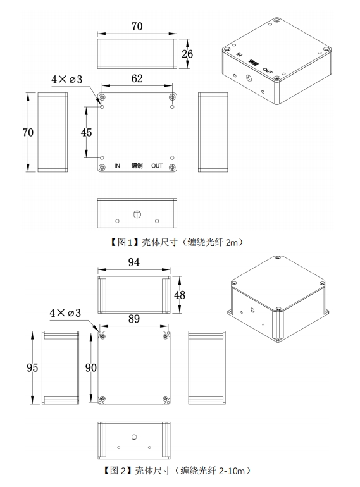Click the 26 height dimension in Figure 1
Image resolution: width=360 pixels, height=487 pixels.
pyautogui.click(x=187, y=54)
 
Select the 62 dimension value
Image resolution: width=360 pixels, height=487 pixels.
pyautogui.click(x=137, y=78)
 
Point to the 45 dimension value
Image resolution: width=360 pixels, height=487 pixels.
pyautogui.click(x=86, y=132)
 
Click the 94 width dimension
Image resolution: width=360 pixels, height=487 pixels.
pyautogui.click(x=133, y=263)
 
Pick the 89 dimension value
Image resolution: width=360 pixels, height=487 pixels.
pyautogui.click(x=133, y=319)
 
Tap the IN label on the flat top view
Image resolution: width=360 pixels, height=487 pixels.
pyautogui.click(x=117, y=166)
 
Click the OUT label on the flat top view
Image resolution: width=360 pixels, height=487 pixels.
pyautogui.click(x=158, y=166)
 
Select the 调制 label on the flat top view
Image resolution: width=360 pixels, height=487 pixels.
pyautogui.click(x=137, y=166)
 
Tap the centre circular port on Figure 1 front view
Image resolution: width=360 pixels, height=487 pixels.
pyautogui.click(x=137, y=215)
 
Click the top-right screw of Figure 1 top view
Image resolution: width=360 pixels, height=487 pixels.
pyautogui.click(x=173, y=97)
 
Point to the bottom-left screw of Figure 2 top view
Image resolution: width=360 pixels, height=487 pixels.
pyautogui.click(x=102, y=398)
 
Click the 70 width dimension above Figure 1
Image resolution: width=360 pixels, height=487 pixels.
pyautogui.click(x=137, y=26)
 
